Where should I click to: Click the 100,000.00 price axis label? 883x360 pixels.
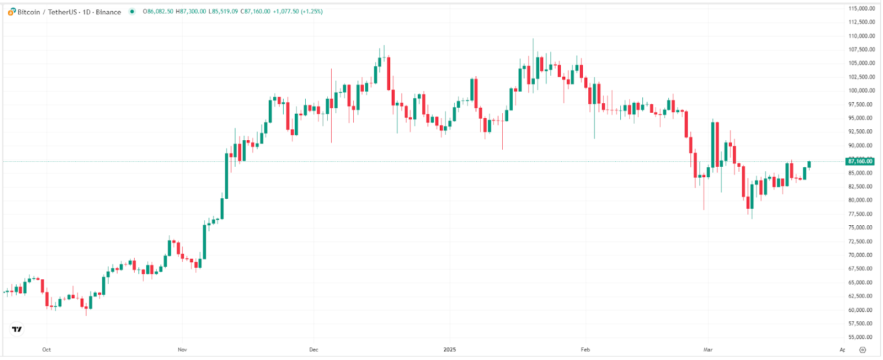coord(861,91)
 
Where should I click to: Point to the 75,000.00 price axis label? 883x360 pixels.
coord(861,227)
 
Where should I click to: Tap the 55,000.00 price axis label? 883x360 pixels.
coord(861,337)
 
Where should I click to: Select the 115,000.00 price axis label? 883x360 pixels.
coord(861,9)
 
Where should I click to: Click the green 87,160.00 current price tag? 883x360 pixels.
coord(860,161)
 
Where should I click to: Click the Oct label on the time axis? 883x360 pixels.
coord(46,350)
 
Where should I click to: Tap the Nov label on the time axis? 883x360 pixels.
coord(183,350)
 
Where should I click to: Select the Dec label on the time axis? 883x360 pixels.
coord(313,350)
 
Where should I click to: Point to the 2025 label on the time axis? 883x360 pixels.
coord(450,350)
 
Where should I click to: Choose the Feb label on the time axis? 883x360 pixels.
coord(586,350)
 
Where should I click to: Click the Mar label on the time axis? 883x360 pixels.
coord(708,350)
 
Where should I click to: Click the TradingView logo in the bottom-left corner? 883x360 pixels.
coord(17,330)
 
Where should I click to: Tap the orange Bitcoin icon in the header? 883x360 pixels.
coord(12,12)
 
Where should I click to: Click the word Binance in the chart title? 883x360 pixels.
coord(108,12)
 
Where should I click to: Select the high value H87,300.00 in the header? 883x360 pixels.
coord(191,12)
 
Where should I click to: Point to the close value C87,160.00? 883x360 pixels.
coord(256,12)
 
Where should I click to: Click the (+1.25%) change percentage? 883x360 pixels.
coord(312,12)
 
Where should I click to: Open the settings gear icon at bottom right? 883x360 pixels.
coord(863,350)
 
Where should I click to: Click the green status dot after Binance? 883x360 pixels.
coord(132,12)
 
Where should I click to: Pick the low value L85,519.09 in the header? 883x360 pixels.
coord(223,12)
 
